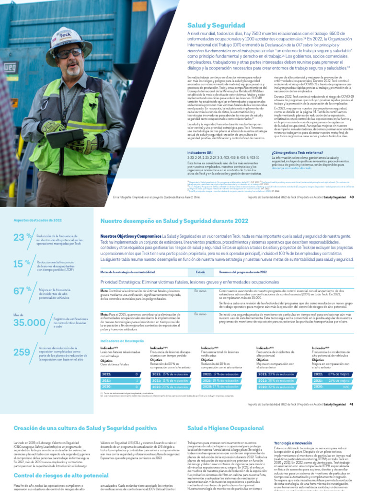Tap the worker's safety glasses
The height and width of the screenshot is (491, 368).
68,53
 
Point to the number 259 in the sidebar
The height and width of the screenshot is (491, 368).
22,352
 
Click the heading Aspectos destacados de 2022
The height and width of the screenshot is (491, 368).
38,220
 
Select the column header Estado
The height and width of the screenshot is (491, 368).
200,272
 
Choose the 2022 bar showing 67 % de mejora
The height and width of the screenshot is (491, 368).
331,374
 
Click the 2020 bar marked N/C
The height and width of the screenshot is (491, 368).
331,386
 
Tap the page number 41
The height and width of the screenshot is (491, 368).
352,404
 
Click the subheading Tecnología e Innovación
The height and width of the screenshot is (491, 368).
293,443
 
